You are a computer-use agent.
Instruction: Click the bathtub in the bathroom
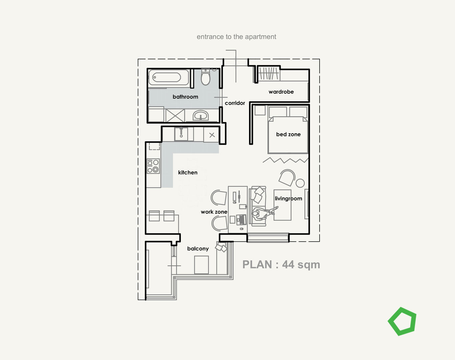tap(167, 78)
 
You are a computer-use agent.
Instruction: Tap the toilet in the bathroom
tap(205, 78)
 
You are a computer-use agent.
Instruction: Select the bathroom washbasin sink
tap(200, 116)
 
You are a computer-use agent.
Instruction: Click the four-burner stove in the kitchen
tap(153, 166)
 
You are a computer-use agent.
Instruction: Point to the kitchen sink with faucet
tap(181, 134)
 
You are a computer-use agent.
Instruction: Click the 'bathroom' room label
tap(185, 97)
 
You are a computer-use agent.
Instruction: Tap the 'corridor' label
tap(235, 103)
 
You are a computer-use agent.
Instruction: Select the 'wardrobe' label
tap(281, 92)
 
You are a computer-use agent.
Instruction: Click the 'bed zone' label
tap(288, 134)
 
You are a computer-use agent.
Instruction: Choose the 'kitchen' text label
tap(187, 172)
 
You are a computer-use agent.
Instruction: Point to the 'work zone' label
tap(214, 212)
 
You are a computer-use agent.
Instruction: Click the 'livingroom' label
tap(288, 198)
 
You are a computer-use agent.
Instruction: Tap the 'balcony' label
tap(198, 248)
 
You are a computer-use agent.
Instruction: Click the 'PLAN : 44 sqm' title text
tap(281, 264)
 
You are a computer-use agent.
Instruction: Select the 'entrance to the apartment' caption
tap(236, 37)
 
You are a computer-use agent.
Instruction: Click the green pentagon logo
tap(402, 321)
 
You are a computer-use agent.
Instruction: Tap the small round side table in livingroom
tap(300, 183)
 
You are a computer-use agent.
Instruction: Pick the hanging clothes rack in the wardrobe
tap(269, 74)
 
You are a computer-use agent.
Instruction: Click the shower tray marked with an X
tap(175, 116)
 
